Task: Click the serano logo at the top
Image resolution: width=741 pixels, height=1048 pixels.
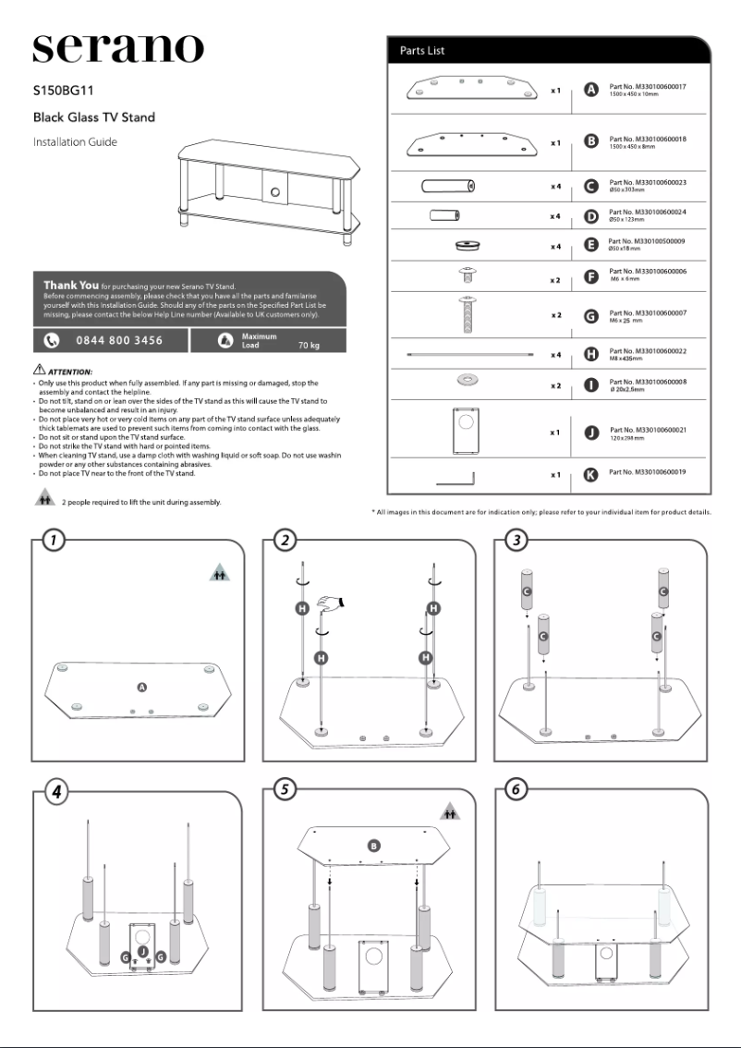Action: click(118, 48)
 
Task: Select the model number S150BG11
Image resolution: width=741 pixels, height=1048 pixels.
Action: click(64, 92)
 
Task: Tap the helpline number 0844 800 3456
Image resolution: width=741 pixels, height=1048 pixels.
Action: click(118, 340)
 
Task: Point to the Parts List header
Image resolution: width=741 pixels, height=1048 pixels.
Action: click(422, 50)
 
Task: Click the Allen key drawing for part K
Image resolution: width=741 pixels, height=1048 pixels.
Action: click(454, 477)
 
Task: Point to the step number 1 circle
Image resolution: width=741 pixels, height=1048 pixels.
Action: click(55, 541)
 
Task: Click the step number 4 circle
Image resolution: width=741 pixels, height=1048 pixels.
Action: click(55, 791)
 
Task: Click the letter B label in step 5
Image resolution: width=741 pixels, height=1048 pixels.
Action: click(374, 845)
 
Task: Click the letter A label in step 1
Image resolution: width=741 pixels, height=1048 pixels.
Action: click(141, 687)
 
